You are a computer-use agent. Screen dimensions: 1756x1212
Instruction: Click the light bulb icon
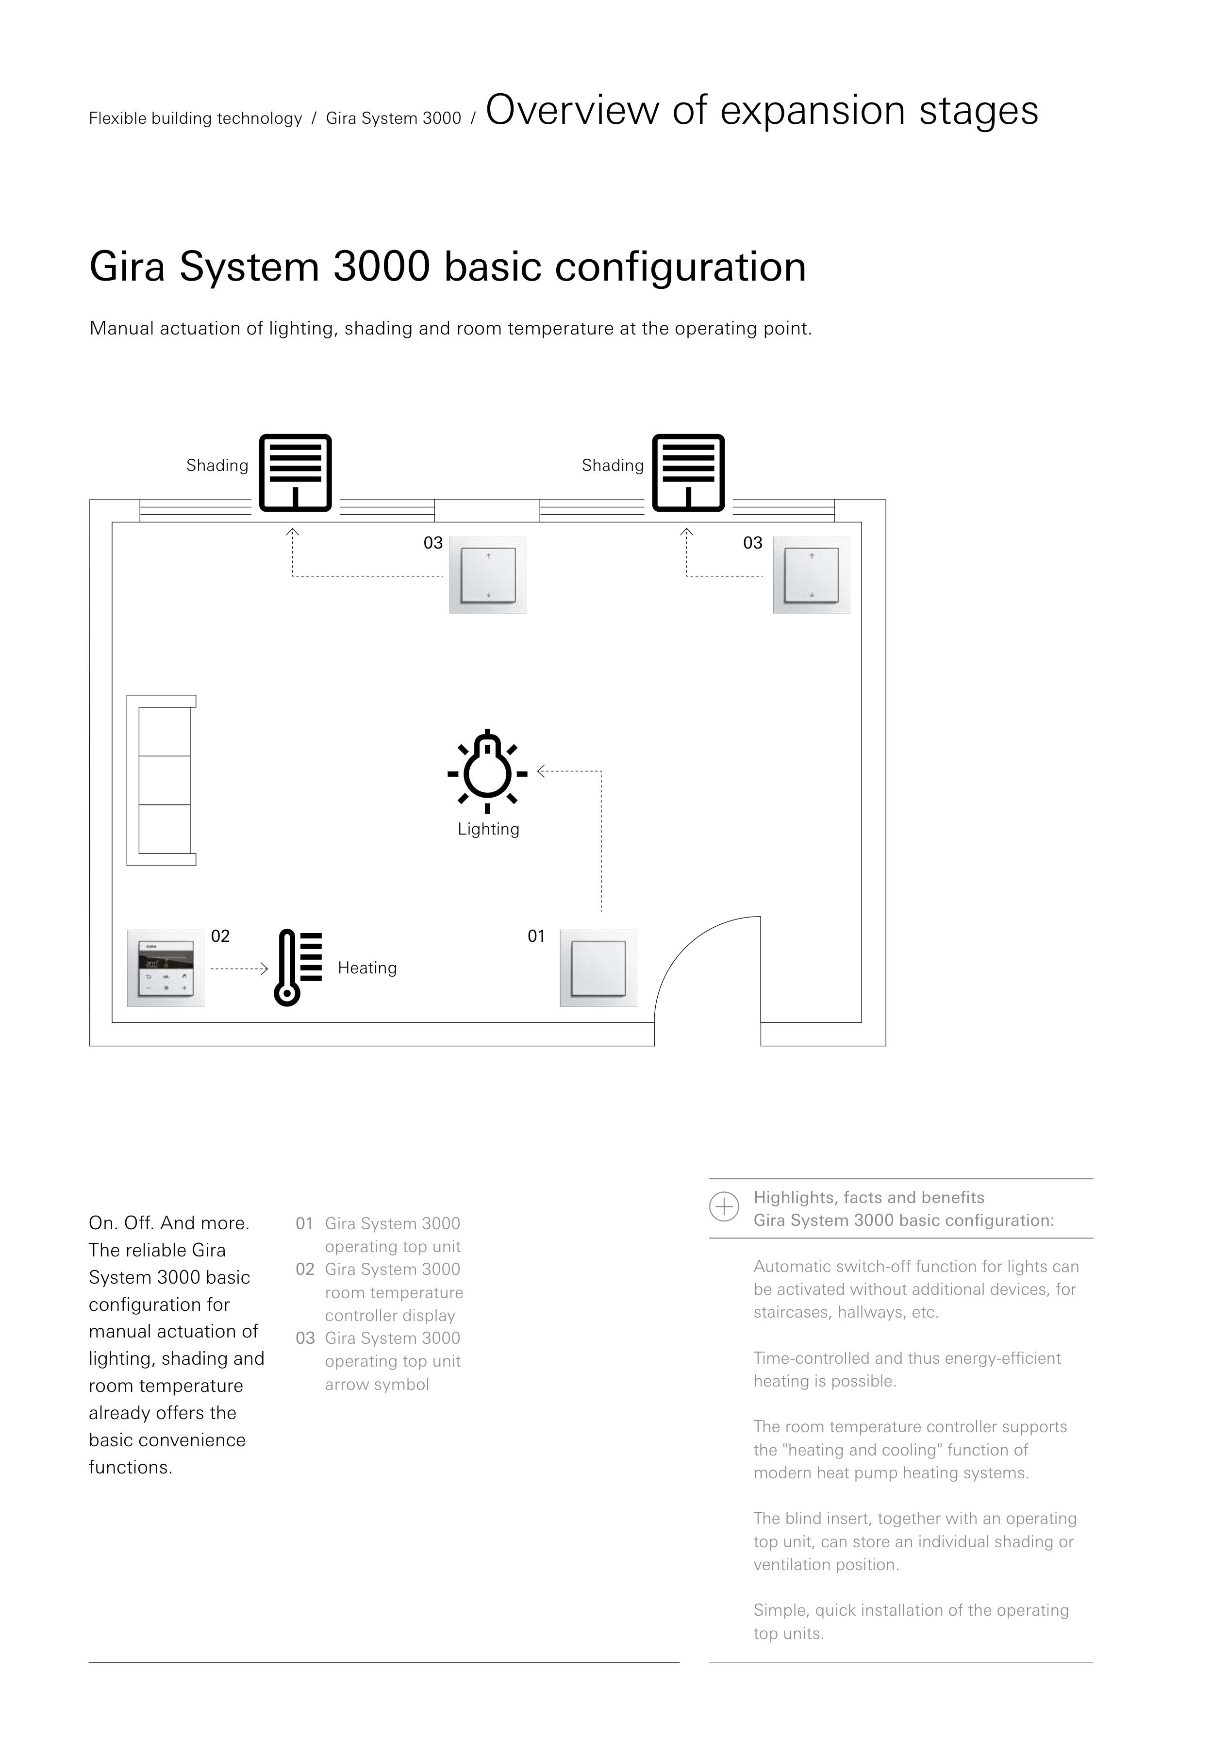(487, 768)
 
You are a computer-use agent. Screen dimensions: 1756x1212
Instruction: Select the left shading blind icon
(296, 472)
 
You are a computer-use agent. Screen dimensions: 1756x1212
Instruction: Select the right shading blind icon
(689, 472)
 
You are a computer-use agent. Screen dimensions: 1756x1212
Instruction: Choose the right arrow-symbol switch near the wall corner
(811, 575)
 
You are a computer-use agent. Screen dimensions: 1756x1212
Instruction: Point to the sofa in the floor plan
(162, 780)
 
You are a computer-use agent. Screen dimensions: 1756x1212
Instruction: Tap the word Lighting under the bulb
(488, 829)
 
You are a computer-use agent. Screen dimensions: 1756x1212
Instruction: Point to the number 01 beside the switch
(536, 937)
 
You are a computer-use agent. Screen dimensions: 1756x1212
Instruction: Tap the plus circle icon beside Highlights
(724, 1207)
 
